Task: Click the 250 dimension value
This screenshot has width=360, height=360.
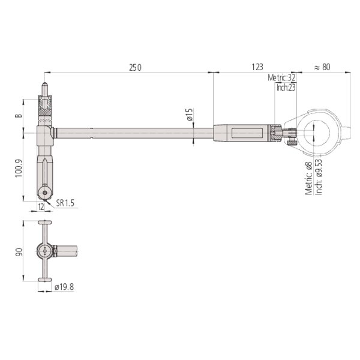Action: (x=134, y=67)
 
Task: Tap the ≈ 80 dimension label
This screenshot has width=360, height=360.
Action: (x=322, y=67)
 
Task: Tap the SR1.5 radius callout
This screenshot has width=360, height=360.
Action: (x=66, y=204)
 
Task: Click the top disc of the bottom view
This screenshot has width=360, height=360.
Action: (x=45, y=222)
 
